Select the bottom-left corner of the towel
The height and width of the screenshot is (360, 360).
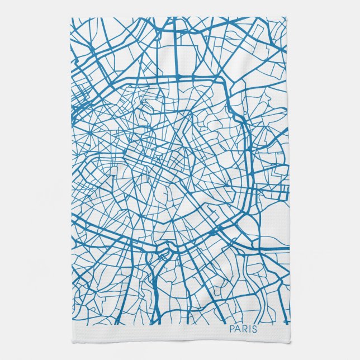pos(70,342)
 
